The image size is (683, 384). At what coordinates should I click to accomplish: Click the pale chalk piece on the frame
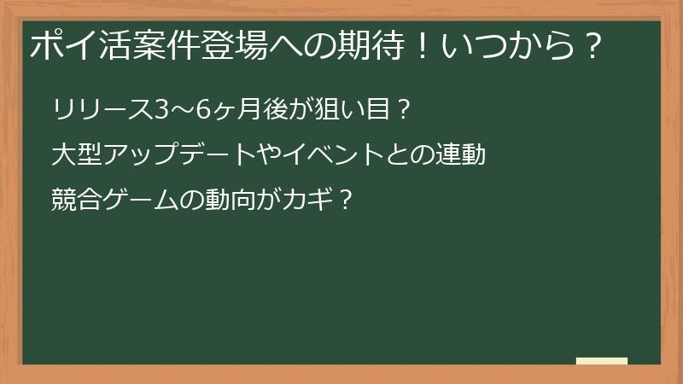pyautogui.click(x=602, y=361)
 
